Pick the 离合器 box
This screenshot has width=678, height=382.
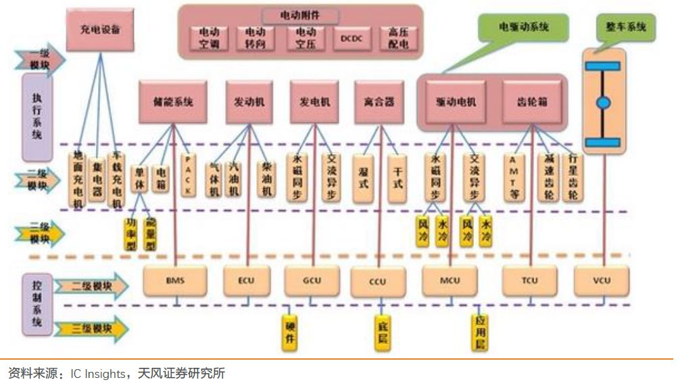[374, 101]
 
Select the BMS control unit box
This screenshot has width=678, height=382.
[174, 280]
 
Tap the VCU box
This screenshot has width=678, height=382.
[601, 280]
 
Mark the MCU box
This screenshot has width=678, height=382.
[451, 280]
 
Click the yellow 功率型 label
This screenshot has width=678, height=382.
[131, 234]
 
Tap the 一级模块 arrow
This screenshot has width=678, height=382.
[42, 60]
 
